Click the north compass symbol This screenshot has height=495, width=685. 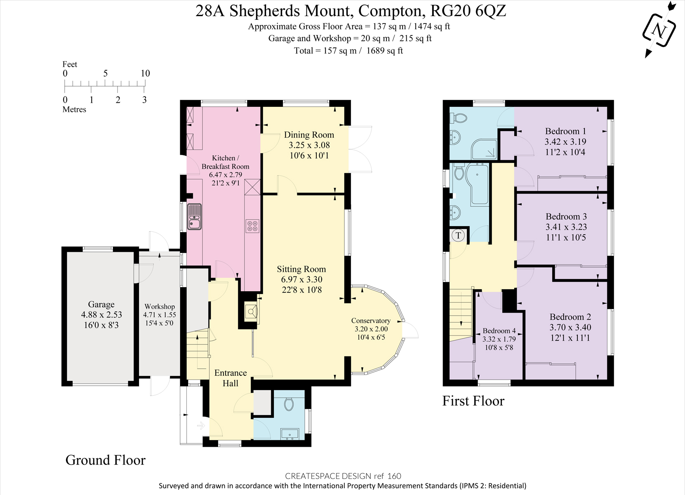point(659,30)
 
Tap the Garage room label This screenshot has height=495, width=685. point(101,304)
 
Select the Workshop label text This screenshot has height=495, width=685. point(160,306)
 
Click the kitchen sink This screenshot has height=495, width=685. point(194,217)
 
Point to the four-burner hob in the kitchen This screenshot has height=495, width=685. point(252,226)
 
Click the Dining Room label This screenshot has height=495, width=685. point(309,135)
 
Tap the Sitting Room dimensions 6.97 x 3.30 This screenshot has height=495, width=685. point(301,279)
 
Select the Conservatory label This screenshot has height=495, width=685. point(371,321)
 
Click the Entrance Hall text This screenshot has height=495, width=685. point(230,378)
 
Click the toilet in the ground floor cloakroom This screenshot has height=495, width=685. point(289,403)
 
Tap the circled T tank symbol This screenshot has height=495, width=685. point(458,235)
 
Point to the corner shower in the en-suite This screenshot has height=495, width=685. point(485,149)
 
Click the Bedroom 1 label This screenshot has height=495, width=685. point(565,131)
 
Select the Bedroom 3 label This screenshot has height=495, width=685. point(566,217)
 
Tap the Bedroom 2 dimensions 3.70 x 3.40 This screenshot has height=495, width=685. point(570,328)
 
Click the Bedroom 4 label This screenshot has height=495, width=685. point(499,331)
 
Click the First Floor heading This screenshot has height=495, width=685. point(473,401)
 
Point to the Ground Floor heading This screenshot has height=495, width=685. point(106,460)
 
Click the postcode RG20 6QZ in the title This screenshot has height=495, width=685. point(468,11)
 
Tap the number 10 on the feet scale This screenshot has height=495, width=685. point(145,73)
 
